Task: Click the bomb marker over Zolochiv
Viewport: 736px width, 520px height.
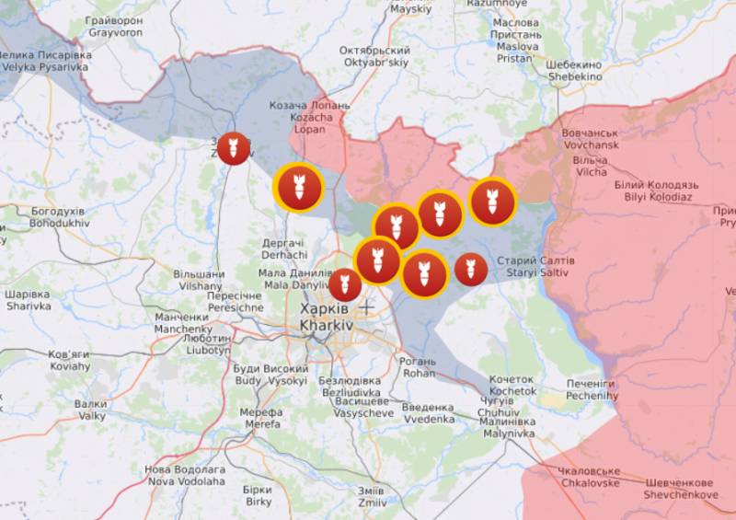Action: pyautogui.click(x=234, y=148)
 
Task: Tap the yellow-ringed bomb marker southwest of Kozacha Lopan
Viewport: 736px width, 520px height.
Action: pyautogui.click(x=299, y=188)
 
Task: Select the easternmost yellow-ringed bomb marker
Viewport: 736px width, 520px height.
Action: pyautogui.click(x=492, y=202)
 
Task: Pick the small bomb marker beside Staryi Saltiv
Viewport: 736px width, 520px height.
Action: pyautogui.click(x=471, y=269)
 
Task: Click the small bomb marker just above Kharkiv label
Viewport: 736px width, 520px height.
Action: pyautogui.click(x=345, y=285)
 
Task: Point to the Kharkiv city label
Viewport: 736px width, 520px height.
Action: pyautogui.click(x=325, y=318)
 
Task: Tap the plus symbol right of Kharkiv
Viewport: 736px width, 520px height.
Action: pyautogui.click(x=367, y=306)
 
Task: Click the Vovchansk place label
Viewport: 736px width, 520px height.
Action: pyautogui.click(x=590, y=139)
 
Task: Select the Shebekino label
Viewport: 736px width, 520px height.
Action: pyautogui.click(x=575, y=72)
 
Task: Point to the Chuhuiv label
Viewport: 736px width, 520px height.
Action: pyautogui.click(x=498, y=407)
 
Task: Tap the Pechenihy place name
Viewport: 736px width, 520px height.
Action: pyautogui.click(x=591, y=388)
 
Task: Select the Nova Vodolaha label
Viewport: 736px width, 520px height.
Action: pyautogui.click(x=185, y=475)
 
